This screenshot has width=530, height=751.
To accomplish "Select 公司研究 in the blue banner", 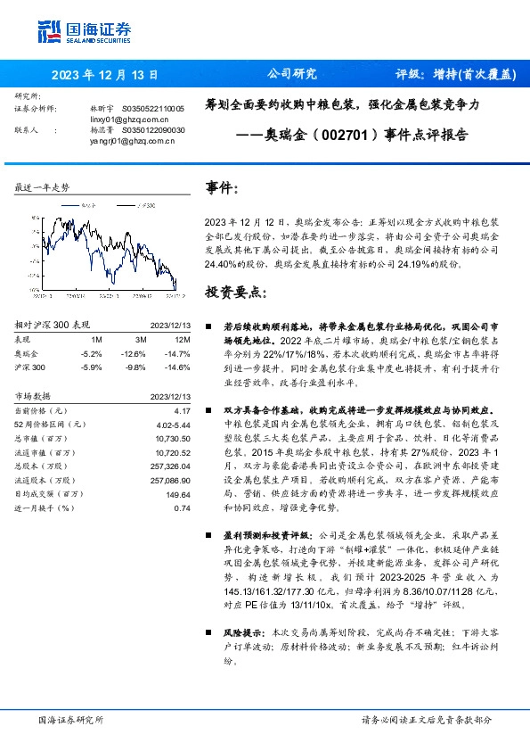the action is click(x=292, y=75).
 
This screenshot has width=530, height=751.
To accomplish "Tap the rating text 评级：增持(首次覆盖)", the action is click(x=455, y=75).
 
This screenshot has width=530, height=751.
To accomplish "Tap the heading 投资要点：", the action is click(x=234, y=292).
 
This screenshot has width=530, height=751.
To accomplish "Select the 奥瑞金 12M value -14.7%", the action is click(x=178, y=354).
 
